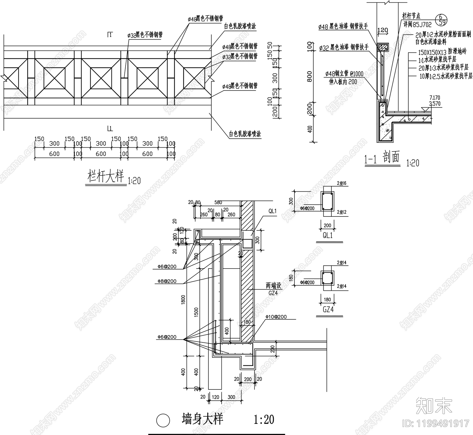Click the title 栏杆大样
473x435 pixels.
tap(105, 177)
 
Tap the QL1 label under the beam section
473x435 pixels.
tap(327, 235)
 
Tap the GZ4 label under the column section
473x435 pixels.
tap(328, 309)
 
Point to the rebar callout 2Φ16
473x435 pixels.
tap(341, 184)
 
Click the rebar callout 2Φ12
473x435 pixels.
tap(341, 212)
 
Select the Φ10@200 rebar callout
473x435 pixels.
tap(276, 317)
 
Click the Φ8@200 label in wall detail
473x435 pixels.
tap(167, 281)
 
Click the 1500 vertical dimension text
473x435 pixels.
tap(197, 312)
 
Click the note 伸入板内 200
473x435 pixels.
tap(343, 82)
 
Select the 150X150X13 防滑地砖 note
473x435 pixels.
tap(442, 52)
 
